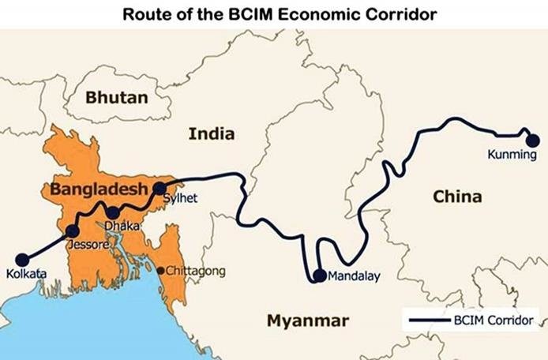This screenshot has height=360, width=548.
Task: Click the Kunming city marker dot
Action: pos(533,140)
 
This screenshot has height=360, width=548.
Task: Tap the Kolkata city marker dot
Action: pos(22,258)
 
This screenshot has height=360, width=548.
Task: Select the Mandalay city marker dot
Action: pos(319,276)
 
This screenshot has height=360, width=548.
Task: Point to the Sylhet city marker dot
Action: pos(160,188)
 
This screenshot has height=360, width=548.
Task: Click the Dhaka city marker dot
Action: pos(113,212)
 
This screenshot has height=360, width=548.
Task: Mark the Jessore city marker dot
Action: pos(73,231)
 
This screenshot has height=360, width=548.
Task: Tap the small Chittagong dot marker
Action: pos(161,271)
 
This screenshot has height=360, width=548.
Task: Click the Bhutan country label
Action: pos(117,98)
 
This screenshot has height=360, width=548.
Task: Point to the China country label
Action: pos(456,197)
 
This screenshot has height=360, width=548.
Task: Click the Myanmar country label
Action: pos(306,321)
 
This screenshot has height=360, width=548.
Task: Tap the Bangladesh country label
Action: pos(99,189)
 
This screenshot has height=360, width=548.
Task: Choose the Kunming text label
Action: pos(512,156)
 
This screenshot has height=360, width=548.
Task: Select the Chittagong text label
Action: pos(195,271)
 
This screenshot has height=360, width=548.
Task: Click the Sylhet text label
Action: pos(180,198)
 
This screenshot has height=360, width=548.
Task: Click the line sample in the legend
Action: pos(426,321)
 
